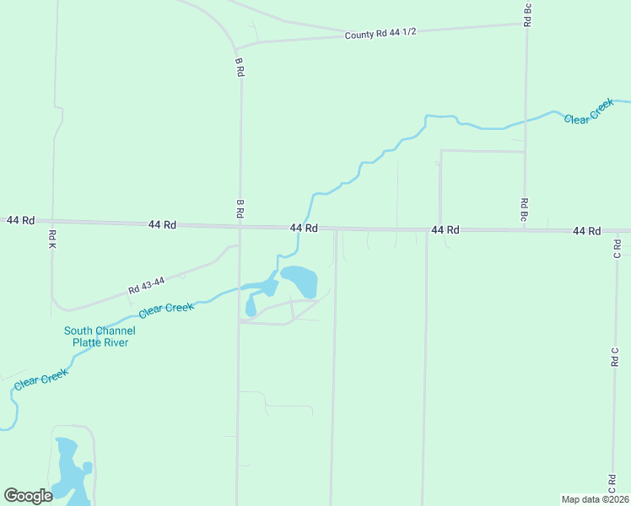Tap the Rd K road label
(x=52, y=239)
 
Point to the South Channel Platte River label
(x=100, y=336)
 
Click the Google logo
(x=28, y=496)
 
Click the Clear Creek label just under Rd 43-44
(x=166, y=310)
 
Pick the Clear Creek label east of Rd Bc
(x=589, y=112)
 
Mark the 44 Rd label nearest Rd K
(x=20, y=220)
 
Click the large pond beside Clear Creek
(x=299, y=280)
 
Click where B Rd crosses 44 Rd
(x=240, y=226)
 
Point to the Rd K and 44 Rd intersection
(x=51, y=222)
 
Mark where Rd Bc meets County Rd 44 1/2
(x=526, y=24)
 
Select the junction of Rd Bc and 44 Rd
(x=525, y=229)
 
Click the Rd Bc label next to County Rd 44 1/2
(x=527, y=14)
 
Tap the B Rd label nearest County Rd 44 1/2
(x=240, y=68)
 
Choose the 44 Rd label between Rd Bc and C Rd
(x=586, y=230)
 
